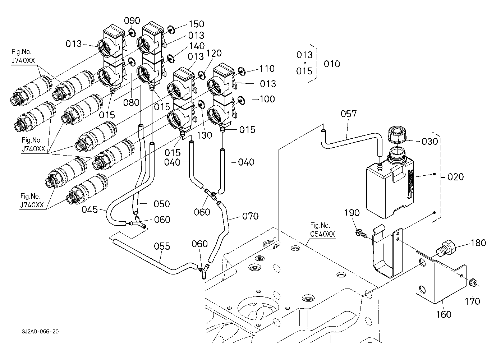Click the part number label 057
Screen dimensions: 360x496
348,114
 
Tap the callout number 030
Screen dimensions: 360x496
430,142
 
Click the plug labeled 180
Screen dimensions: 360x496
446,248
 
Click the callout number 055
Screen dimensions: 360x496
162,246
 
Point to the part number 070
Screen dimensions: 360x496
250,216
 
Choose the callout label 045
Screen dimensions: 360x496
89,209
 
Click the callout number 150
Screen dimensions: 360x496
196,24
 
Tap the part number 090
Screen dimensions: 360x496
132,21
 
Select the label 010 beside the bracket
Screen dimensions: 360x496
331,64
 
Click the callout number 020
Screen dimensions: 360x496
456,177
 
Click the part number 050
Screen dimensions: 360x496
161,204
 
